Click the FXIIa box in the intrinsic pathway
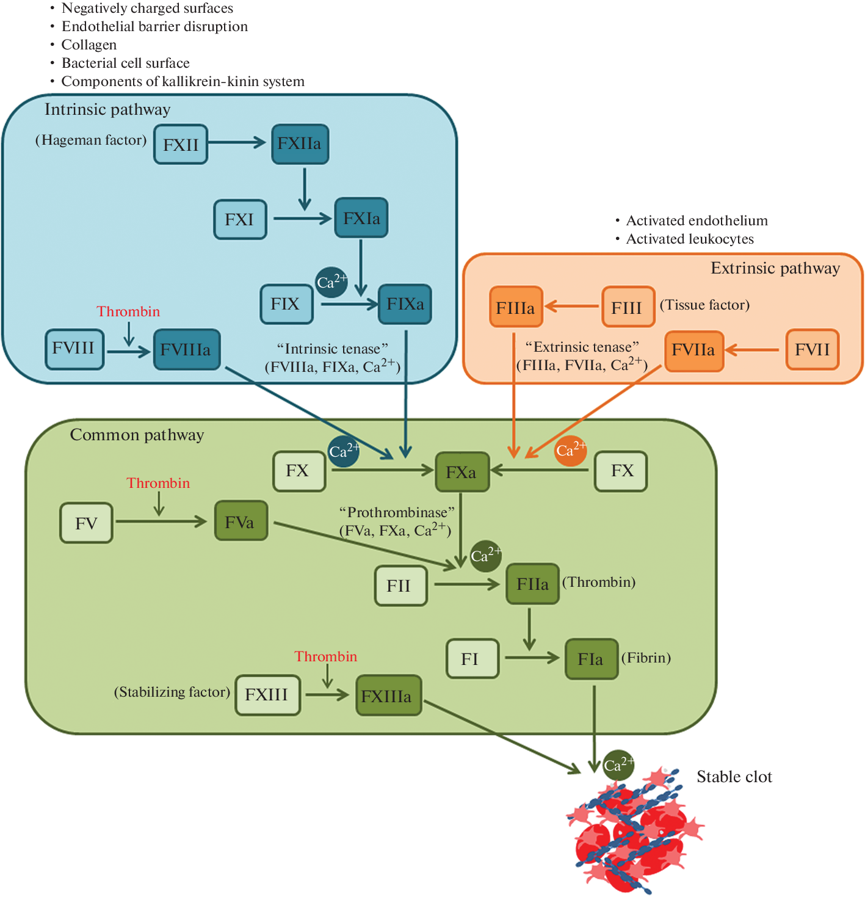300,144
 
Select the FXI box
240,220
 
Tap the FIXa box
405,304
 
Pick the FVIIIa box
186,350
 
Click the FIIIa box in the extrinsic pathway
516,307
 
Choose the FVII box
812,350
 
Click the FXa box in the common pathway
462,472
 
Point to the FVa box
241,521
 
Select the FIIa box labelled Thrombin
532,584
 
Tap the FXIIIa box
388,695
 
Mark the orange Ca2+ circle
570,451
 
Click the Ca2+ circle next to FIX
331,282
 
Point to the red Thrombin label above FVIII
128,311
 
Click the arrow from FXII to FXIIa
237,143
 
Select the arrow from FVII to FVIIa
753,350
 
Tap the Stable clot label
734,777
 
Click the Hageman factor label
91,140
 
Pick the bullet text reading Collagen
89,45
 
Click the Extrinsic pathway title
775,268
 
